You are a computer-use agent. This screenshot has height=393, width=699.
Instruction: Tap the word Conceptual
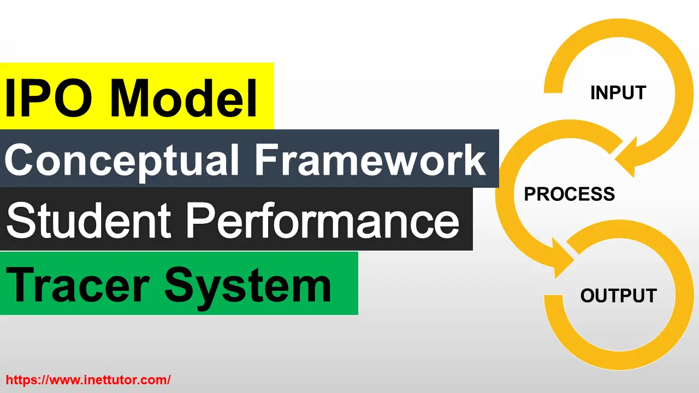click(x=122, y=160)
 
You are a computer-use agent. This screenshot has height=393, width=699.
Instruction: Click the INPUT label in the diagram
click(x=618, y=93)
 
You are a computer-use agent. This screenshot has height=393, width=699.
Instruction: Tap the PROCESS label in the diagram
click(x=570, y=194)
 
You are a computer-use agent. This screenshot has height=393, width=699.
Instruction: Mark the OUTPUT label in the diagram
click(x=618, y=296)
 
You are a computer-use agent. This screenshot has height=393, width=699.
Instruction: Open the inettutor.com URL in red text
click(x=88, y=379)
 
